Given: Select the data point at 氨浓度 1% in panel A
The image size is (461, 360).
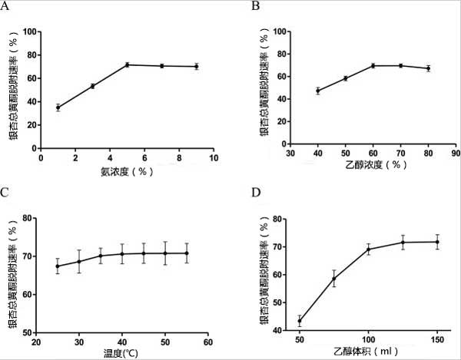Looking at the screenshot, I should pos(58,107).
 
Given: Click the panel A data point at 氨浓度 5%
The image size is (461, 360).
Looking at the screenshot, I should pos(127,64).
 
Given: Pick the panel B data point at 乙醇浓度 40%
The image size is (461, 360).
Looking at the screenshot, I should pos(318,91).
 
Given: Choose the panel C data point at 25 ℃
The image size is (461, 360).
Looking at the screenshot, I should pos(58,266).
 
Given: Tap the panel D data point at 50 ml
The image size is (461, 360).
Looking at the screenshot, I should pos(299,321).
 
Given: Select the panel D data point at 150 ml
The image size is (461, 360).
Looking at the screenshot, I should pos(437,242).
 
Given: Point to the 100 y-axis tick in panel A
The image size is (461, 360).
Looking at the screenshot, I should pos(29,32).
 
